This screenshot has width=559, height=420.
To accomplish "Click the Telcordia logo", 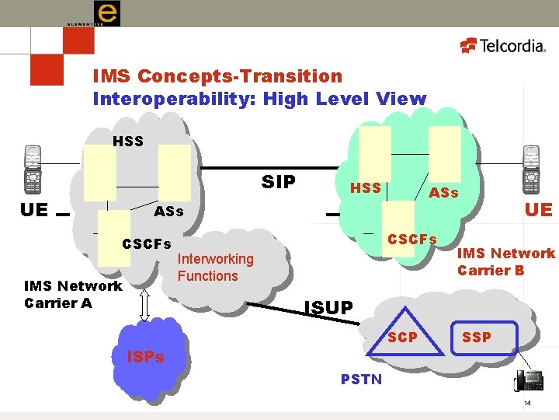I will [504, 46].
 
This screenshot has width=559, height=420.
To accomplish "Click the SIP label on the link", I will [279, 182].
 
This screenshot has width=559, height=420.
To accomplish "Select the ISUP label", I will [328, 308].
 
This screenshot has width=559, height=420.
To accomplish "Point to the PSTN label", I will [361, 379].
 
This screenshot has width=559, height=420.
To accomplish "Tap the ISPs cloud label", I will [145, 357].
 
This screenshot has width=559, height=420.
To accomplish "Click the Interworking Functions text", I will [215, 267].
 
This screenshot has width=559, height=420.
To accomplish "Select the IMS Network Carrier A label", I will [73, 294].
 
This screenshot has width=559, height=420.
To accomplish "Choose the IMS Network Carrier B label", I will [505, 261].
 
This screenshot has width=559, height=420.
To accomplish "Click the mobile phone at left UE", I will [32, 170].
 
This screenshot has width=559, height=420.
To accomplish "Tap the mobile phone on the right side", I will [531, 170].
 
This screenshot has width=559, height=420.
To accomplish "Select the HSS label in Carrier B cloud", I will [366, 187].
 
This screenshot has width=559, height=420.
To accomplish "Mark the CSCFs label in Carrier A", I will [147, 244].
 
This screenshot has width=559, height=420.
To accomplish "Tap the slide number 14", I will [527, 403].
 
